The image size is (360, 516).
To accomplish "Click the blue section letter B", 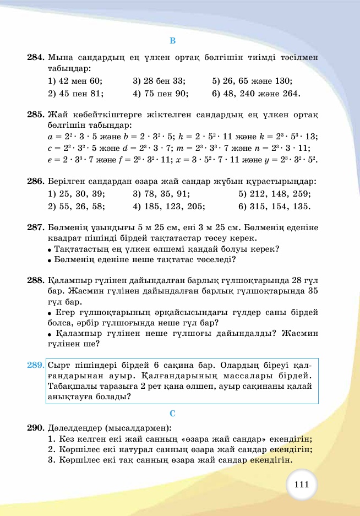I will point(172,41).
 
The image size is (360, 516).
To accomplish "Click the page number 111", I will point(302,485).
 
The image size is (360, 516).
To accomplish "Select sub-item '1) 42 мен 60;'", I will point(75,80).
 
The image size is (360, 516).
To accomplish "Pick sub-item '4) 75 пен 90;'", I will point(160,93).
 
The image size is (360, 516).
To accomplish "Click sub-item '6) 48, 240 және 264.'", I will point(256,93).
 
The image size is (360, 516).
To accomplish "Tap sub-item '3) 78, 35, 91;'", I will point(161,194).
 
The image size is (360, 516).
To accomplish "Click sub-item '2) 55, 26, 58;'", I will point(77,207).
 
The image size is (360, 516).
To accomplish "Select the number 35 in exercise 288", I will point(312,291).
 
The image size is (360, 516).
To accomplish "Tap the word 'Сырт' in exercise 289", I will point(59,365).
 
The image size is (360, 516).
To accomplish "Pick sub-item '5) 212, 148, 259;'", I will point(274,194).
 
